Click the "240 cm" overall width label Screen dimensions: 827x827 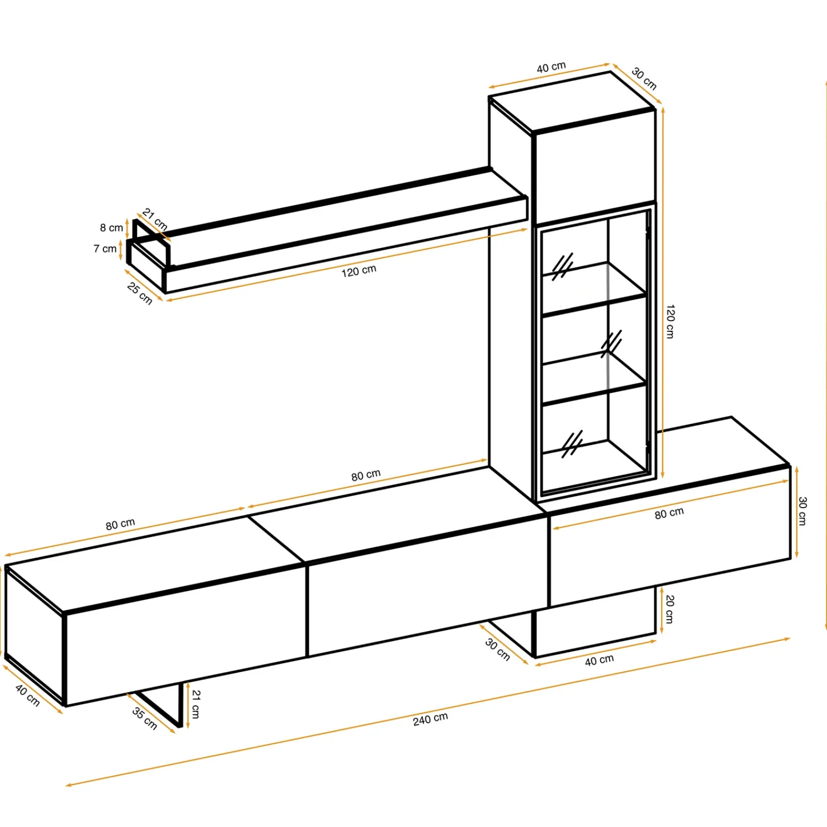(431, 718)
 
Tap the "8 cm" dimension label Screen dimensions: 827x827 (112, 227)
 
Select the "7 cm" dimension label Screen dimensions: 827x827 (105, 249)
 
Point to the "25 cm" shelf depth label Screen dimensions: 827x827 (140, 294)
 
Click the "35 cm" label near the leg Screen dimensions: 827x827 (145, 718)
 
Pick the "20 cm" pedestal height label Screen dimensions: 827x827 (669, 609)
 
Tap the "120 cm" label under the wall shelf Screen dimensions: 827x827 (359, 271)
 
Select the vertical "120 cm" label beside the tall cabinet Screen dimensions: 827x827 (670, 321)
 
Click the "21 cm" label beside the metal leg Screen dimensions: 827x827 (195, 704)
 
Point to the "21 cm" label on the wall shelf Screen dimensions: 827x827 (155, 219)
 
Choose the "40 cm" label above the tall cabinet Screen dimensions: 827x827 (551, 67)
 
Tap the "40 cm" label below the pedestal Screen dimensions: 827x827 (599, 660)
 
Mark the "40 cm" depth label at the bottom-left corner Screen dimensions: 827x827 (27, 695)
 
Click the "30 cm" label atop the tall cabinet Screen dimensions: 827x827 (644, 79)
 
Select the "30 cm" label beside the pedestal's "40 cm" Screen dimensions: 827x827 (498, 650)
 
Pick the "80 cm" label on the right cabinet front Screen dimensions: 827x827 (669, 513)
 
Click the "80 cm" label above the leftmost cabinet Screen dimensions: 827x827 (120, 524)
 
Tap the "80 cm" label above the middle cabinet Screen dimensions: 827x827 (366, 475)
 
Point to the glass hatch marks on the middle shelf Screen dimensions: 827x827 (611, 344)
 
